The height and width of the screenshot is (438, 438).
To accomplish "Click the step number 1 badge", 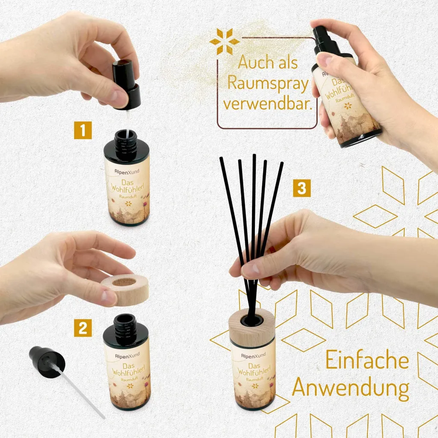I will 83,130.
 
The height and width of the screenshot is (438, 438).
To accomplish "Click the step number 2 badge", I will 83,327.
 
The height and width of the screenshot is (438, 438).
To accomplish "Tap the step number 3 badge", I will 302,188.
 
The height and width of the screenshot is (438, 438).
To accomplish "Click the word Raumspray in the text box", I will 268,83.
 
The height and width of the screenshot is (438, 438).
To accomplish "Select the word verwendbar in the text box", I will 267,104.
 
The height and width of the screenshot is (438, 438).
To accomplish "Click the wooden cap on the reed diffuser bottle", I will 252,327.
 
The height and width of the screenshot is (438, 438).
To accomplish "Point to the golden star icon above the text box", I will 224,41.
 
